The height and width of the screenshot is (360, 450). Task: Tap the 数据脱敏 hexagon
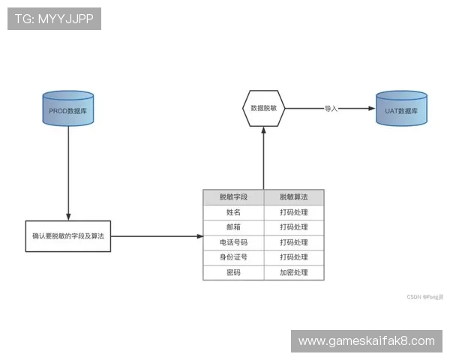263,108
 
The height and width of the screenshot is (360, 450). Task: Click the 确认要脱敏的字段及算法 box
67,235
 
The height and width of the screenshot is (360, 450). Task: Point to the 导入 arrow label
331,108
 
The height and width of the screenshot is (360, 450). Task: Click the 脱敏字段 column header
233,197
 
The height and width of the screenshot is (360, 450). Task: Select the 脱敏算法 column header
293,197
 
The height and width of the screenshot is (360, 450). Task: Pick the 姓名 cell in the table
233,212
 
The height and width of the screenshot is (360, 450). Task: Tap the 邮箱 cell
233,227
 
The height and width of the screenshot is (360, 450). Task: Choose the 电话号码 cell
233,242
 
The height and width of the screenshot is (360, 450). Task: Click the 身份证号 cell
233,257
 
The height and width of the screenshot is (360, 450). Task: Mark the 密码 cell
233,272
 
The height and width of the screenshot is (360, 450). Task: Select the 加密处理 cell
293,272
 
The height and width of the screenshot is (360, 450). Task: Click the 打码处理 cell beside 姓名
293,212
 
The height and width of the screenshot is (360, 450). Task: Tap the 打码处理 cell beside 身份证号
293,257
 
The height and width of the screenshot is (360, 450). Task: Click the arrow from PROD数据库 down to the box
68,172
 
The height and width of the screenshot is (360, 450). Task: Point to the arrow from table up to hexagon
263,157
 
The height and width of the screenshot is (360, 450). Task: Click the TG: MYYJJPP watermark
54,19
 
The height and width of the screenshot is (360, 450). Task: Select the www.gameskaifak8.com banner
366,341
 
